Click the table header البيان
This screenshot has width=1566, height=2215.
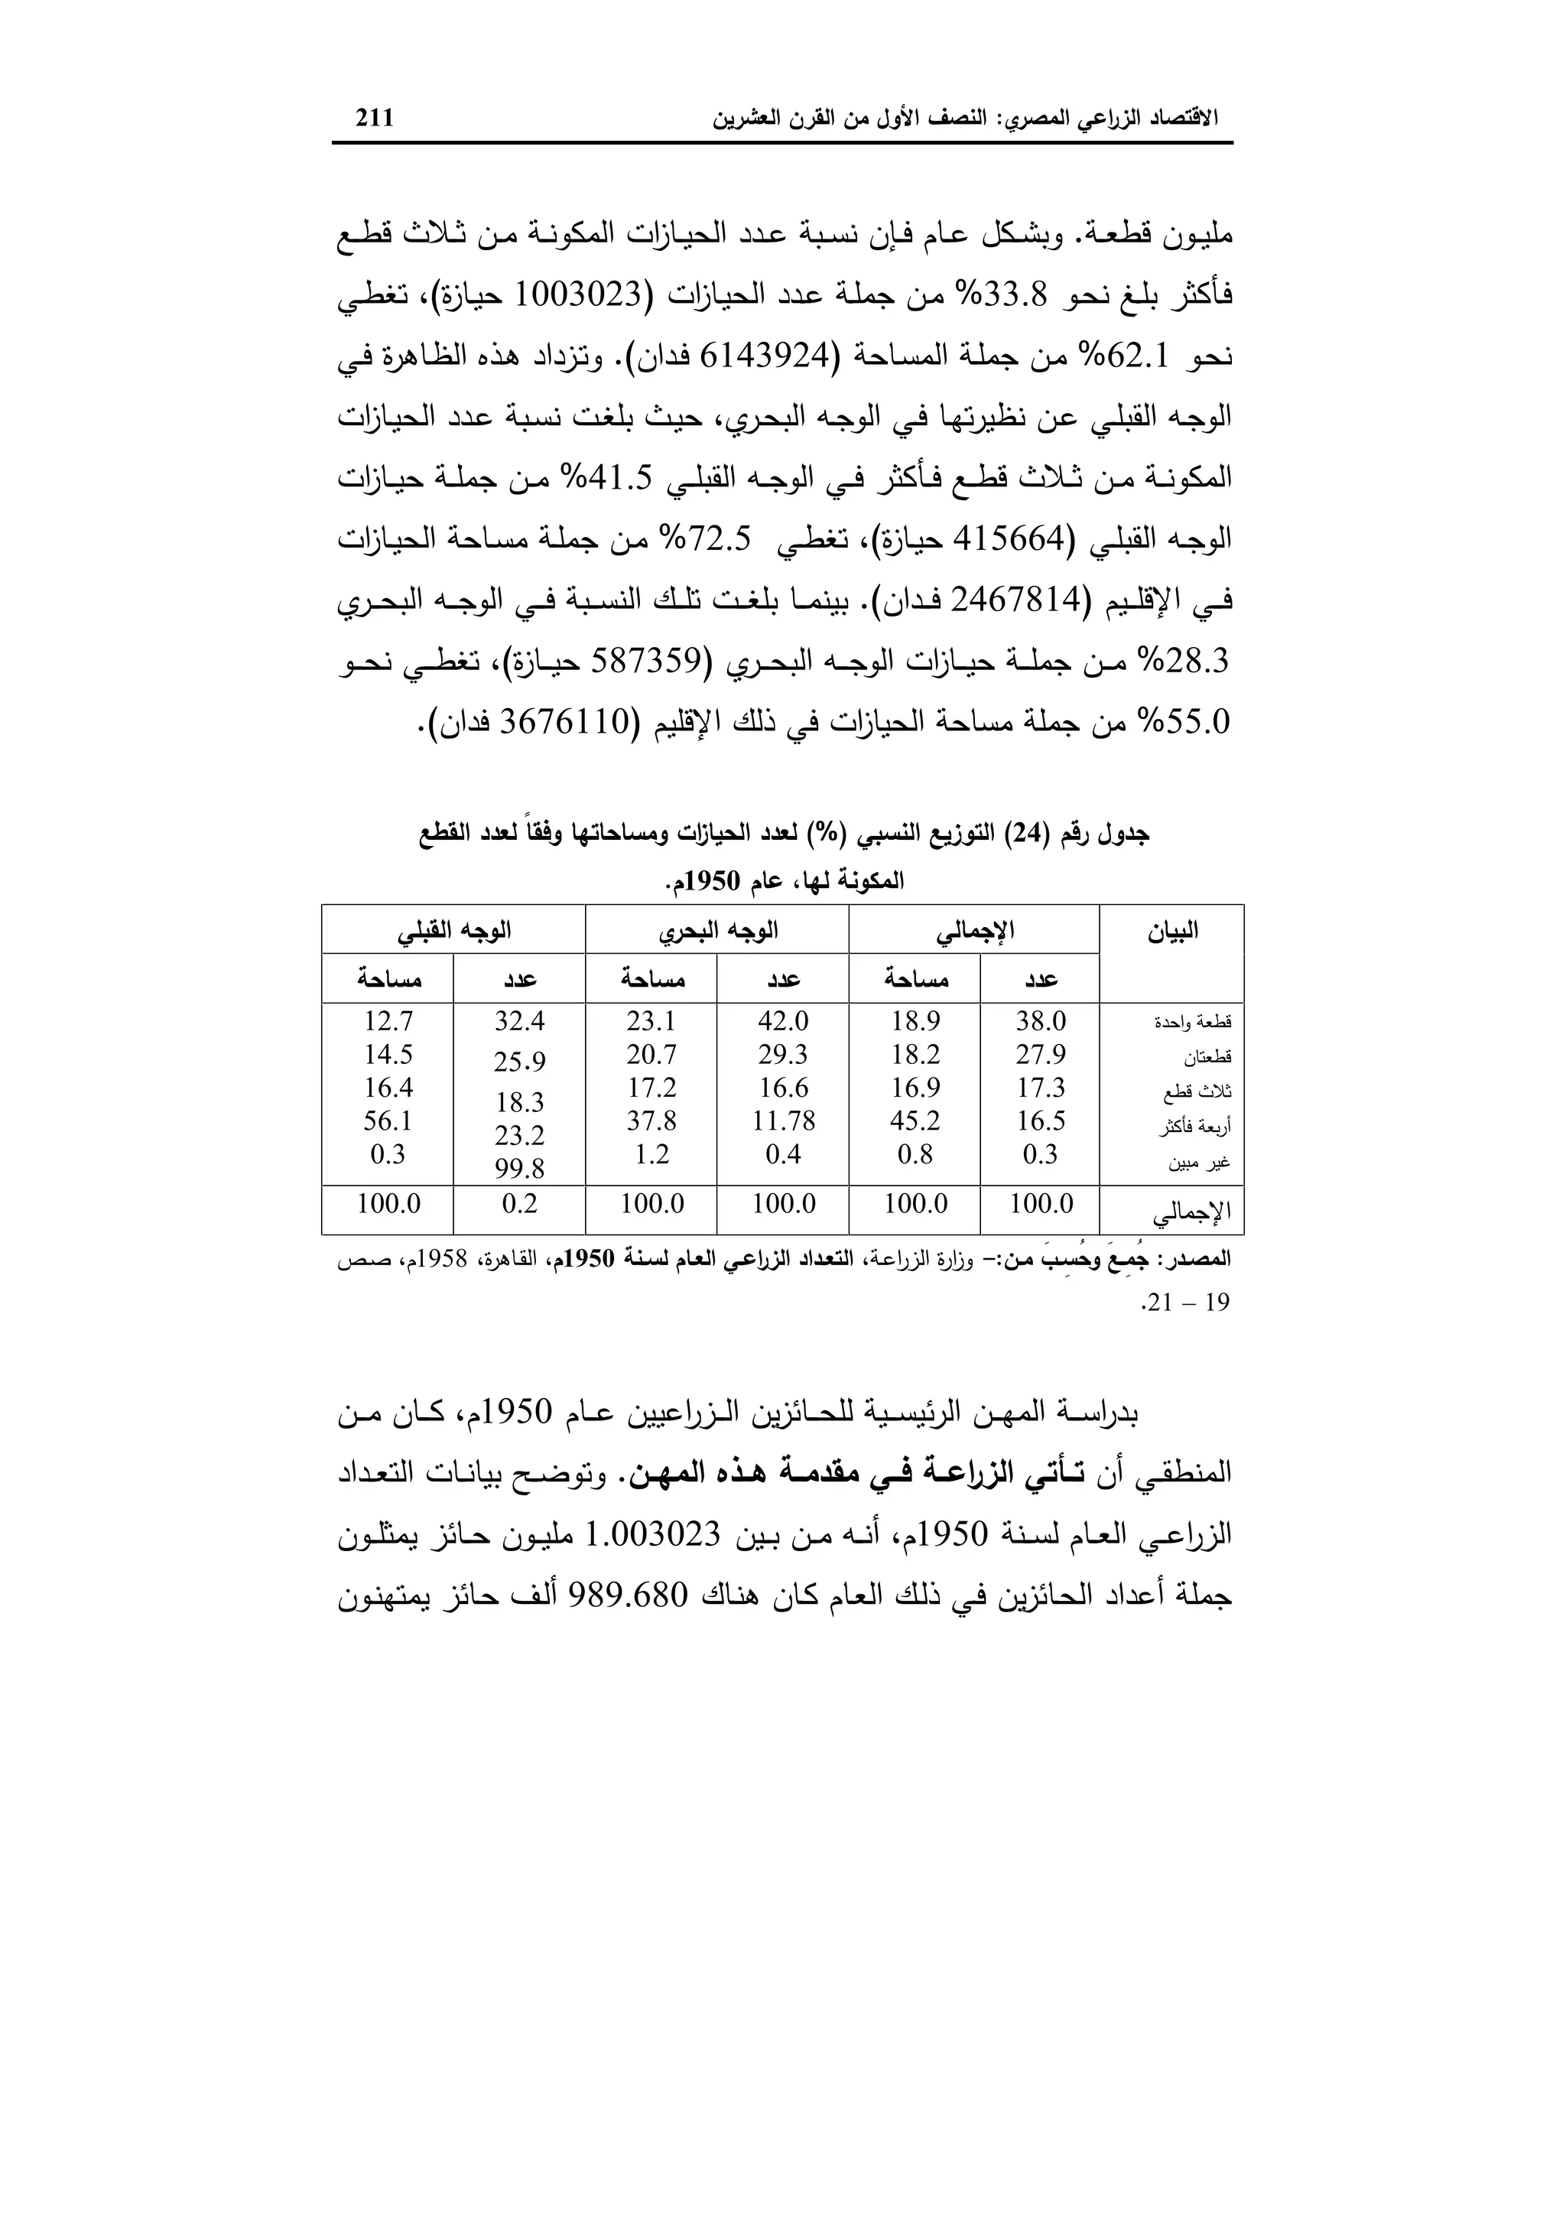[1171, 931]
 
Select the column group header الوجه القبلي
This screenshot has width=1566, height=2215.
[453, 931]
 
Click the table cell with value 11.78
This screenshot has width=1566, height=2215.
[784, 1121]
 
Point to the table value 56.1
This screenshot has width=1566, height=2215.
[388, 1121]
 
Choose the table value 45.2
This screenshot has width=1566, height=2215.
[915, 1121]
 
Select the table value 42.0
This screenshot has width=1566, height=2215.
[783, 1020]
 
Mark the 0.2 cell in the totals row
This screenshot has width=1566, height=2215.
[520, 1204]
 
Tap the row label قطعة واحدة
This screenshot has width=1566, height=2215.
[1193, 1023]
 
